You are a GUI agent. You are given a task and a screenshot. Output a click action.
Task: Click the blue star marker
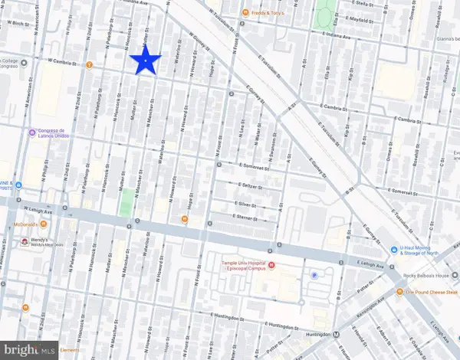pos(146,61)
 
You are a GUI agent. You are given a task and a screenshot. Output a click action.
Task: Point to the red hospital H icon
pos(271,266)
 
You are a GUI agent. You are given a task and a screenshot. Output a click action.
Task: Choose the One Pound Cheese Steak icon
pos(399,293)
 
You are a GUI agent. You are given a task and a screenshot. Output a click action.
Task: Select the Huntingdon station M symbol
pos(337,335)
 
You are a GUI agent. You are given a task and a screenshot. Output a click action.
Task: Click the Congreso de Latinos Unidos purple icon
pos(31,132)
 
